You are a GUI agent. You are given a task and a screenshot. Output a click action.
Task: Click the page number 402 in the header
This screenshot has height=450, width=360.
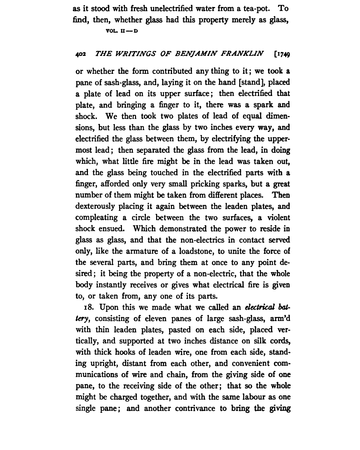[80, 54]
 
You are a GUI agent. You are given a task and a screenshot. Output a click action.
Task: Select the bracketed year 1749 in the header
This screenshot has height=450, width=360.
[282, 54]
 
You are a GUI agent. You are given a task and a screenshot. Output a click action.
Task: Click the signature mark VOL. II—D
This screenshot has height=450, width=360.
[122, 31]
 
